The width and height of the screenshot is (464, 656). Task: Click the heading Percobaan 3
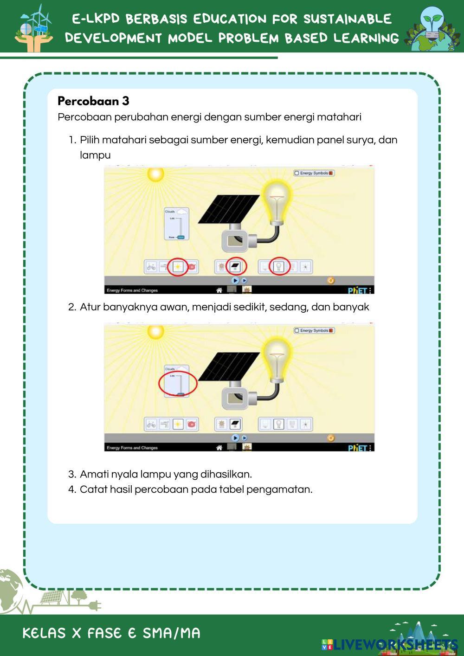93,101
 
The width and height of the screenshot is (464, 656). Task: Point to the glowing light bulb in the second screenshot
277,358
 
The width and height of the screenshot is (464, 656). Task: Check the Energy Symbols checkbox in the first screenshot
297,173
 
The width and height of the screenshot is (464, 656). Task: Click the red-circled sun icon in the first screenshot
178,267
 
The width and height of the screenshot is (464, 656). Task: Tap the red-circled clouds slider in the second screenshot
178,384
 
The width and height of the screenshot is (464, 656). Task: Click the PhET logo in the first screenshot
358,290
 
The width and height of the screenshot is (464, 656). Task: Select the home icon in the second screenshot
219,448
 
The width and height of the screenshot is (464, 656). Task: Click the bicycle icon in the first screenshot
151,267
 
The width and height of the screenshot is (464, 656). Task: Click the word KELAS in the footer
44,633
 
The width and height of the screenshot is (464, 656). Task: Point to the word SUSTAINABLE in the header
348,19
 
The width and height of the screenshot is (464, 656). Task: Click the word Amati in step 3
94,474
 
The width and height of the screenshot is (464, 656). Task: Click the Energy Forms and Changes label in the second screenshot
132,448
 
